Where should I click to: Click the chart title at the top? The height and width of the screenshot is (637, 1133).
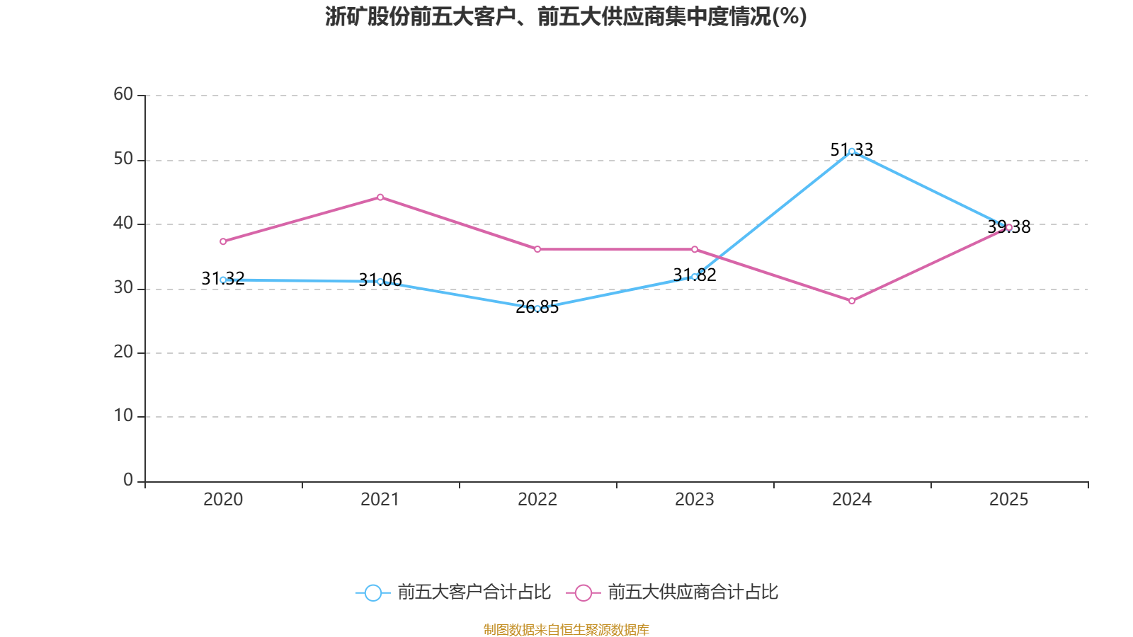point(566,17)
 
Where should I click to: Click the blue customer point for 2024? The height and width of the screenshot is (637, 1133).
point(852,151)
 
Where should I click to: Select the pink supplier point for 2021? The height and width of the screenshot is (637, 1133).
point(380,197)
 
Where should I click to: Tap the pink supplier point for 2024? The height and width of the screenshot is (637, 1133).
point(852,301)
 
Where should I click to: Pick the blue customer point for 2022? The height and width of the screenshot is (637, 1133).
point(537,309)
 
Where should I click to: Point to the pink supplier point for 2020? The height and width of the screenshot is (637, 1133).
point(223,241)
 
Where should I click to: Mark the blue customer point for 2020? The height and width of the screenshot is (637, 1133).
point(223,280)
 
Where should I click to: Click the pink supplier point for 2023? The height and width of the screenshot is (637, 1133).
point(695,249)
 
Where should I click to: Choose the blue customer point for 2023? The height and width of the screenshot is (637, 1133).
point(695,277)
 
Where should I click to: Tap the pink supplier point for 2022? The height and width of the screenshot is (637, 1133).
point(537,249)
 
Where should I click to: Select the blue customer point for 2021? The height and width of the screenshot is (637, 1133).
point(380,281)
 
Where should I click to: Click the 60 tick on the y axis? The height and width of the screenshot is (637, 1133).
point(123,94)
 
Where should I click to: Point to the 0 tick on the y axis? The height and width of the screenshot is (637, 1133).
point(128,481)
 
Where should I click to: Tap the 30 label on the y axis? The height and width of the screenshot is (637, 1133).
point(123,287)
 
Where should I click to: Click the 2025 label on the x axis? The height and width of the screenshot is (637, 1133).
point(1008,500)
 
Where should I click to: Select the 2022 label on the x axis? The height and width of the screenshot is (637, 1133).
point(537,500)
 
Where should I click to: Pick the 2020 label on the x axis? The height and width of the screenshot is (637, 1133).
point(223,500)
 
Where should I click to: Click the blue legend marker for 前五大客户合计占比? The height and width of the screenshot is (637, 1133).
point(372,592)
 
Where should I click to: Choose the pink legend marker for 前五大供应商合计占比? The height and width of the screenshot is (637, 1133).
point(583,592)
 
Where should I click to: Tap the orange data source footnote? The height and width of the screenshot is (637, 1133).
point(566,629)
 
